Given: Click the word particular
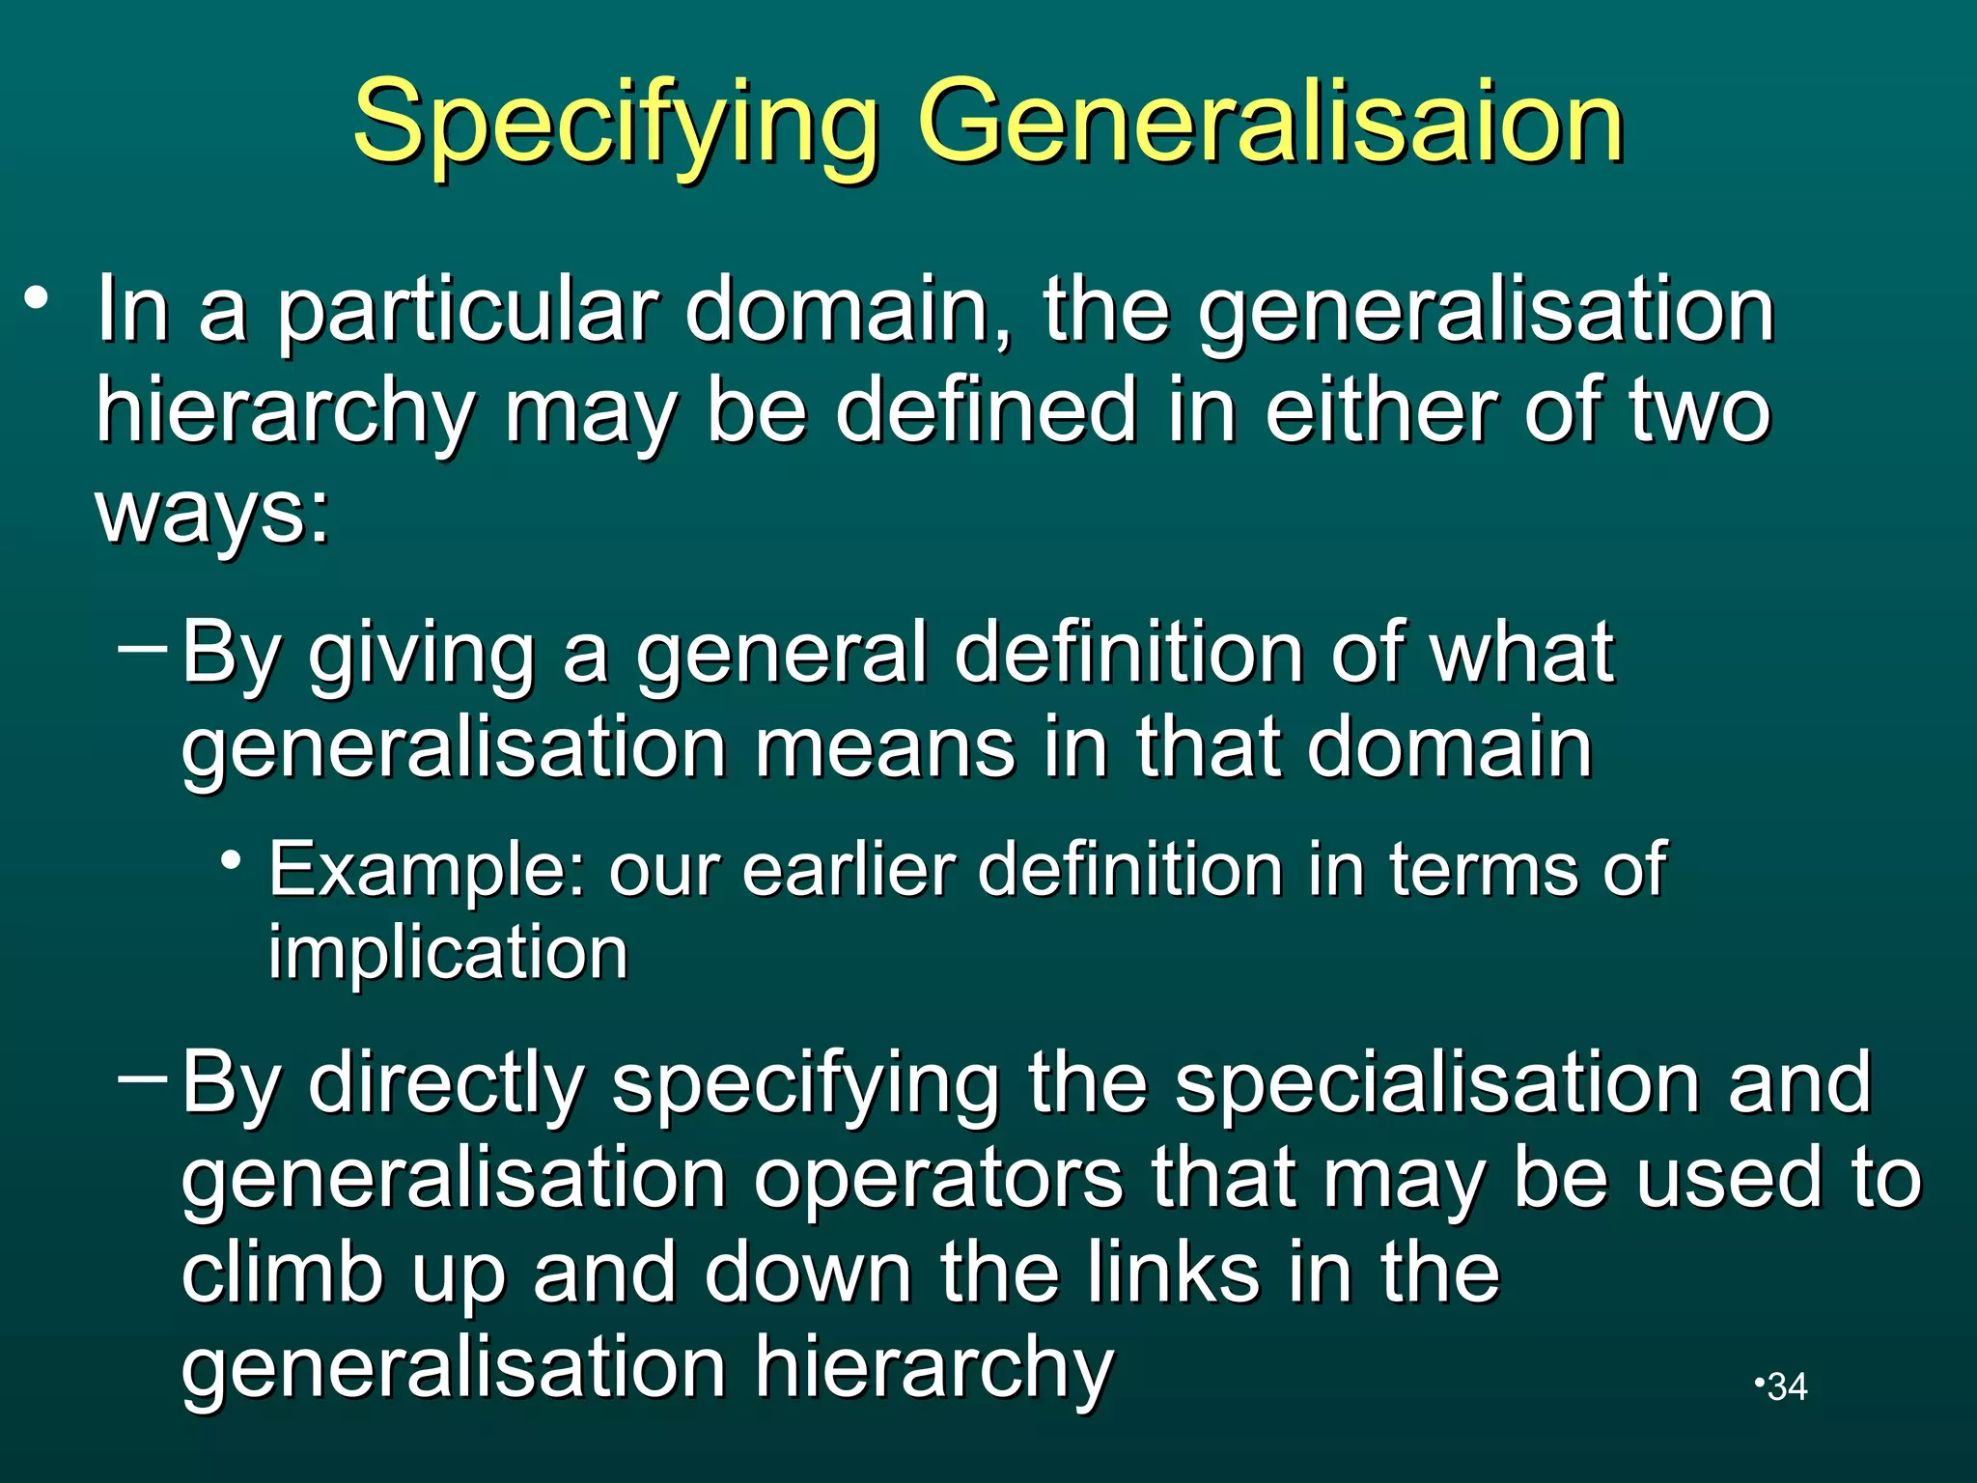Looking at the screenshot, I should [x=468, y=311].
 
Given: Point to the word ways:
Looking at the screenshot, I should [x=213, y=512].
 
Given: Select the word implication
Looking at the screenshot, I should [x=448, y=954].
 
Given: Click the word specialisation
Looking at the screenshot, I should [x=1436, y=1083].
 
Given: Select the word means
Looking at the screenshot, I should [x=884, y=748].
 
